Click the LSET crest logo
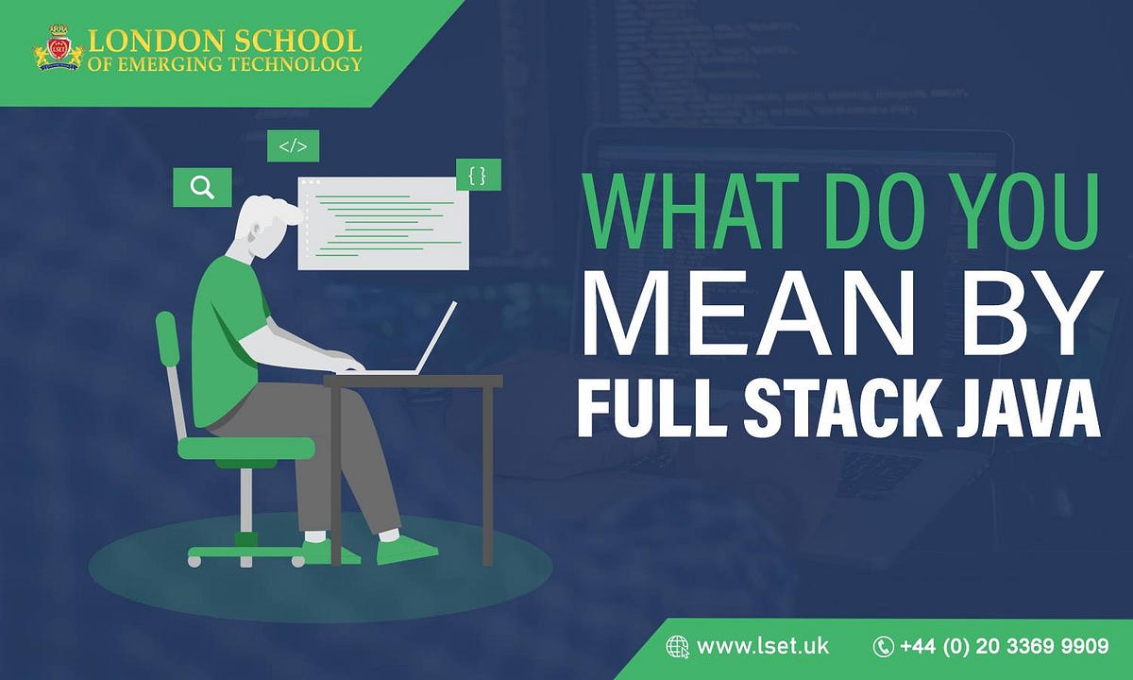click(x=59, y=51)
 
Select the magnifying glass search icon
click(x=202, y=187)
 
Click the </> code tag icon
click(x=293, y=146)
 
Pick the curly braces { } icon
click(x=477, y=175)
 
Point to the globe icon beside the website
click(x=677, y=647)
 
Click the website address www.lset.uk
click(x=763, y=647)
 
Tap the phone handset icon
click(x=883, y=647)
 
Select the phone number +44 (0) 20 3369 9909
click(x=1004, y=647)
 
